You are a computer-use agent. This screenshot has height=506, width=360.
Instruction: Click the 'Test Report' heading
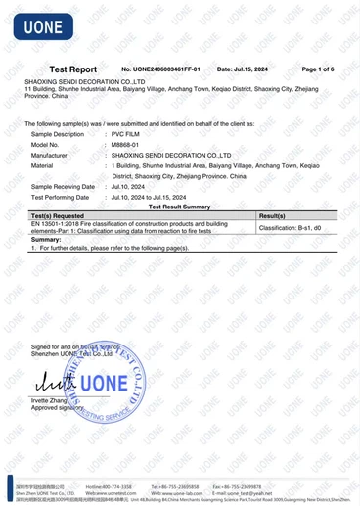point(73,69)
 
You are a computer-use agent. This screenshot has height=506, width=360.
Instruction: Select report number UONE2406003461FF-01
point(160,69)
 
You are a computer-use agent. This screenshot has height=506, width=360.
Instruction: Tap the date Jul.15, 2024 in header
point(242,69)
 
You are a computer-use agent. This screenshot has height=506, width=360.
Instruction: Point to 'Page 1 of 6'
point(318,69)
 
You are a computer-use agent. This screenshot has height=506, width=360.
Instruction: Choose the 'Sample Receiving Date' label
point(63,186)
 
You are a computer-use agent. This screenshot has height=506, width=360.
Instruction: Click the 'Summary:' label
point(46,240)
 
